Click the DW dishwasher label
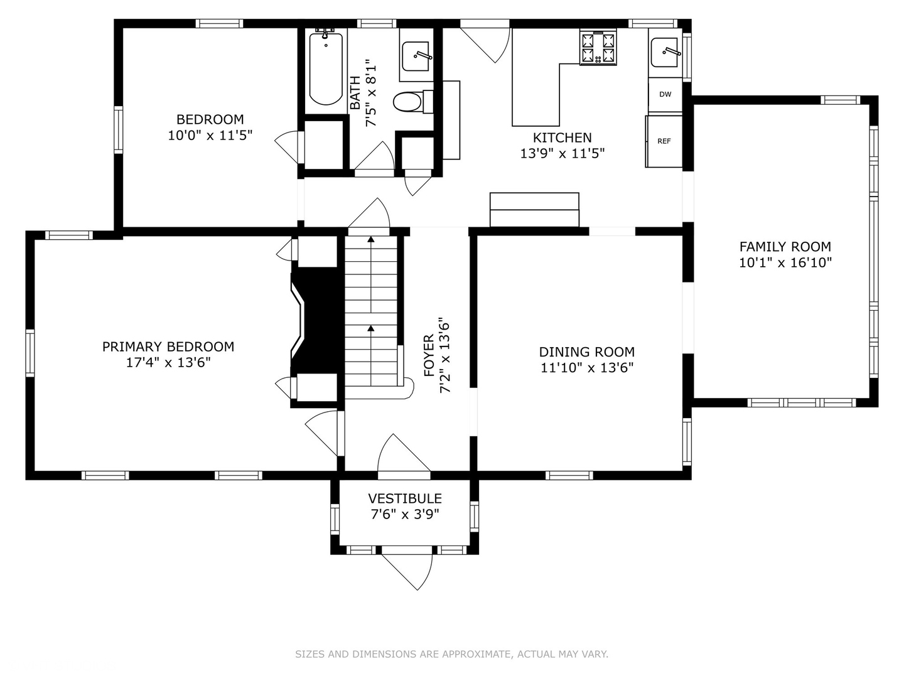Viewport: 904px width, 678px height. [x=665, y=94]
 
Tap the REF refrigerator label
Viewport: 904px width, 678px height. [x=664, y=141]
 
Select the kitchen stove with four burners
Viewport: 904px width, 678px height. [x=598, y=47]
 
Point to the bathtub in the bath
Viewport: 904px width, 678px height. [x=326, y=67]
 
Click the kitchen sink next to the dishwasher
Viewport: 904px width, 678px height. [x=664, y=52]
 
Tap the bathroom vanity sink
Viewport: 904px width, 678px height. [x=417, y=56]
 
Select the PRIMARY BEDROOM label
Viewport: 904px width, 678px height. [x=168, y=347]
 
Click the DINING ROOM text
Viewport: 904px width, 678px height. [x=587, y=352]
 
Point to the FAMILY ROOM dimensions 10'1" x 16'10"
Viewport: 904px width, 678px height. [x=785, y=262]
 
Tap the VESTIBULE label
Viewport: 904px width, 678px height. [x=405, y=498]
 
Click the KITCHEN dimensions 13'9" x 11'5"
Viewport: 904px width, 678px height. [x=562, y=154]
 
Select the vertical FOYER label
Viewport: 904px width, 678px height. [x=429, y=356]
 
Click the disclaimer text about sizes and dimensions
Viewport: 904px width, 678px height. [x=451, y=654]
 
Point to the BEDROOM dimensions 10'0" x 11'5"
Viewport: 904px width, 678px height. [x=210, y=136]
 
